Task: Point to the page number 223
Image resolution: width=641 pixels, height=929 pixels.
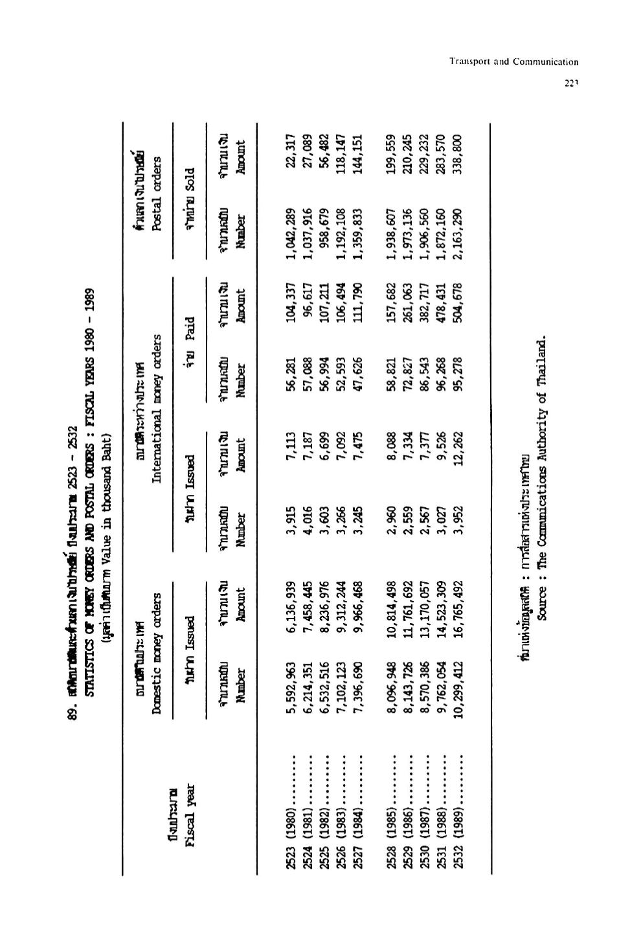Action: coord(570,82)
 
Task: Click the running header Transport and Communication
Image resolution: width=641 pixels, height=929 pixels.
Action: coord(513,62)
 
